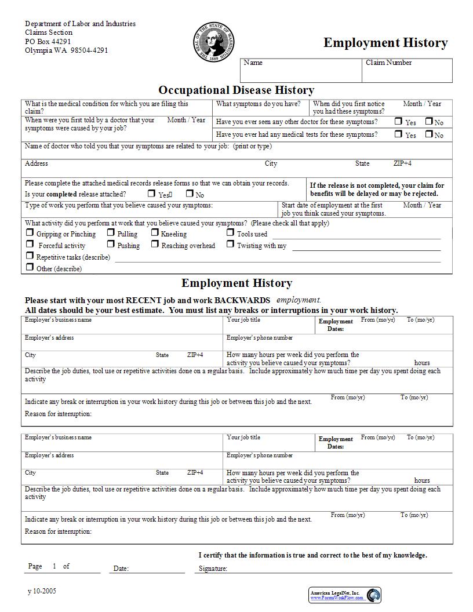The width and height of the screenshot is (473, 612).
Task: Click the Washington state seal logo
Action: click(x=214, y=42)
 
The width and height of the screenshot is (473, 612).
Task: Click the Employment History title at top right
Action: click(x=385, y=43)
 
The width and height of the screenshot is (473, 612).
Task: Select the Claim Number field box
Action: click(x=408, y=71)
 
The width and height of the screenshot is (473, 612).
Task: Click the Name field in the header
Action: click(x=301, y=71)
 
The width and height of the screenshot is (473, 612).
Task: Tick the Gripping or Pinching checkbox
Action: click(x=30, y=232)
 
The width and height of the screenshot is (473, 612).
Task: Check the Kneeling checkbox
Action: click(x=155, y=232)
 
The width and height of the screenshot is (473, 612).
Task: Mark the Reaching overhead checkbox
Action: click(x=155, y=244)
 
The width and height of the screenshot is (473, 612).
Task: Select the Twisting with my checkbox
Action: click(x=230, y=244)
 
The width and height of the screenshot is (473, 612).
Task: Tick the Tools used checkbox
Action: click(x=230, y=232)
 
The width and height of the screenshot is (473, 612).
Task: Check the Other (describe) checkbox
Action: click(x=30, y=267)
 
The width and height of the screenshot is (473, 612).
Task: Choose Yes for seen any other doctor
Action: click(x=398, y=121)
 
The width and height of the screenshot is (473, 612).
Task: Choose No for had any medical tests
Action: click(x=428, y=134)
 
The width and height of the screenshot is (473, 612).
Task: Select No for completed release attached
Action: click(x=190, y=194)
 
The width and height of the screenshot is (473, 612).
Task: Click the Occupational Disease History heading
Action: click(x=237, y=90)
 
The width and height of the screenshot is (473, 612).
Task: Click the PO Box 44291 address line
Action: click(x=48, y=41)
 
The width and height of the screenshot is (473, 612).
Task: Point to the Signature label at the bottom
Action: click(x=213, y=569)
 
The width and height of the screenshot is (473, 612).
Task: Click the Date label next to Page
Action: click(x=121, y=569)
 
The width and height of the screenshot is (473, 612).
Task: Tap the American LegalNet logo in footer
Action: click(x=345, y=595)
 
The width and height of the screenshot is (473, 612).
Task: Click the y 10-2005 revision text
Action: click(x=42, y=591)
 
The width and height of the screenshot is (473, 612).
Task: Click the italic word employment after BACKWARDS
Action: click(x=298, y=300)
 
